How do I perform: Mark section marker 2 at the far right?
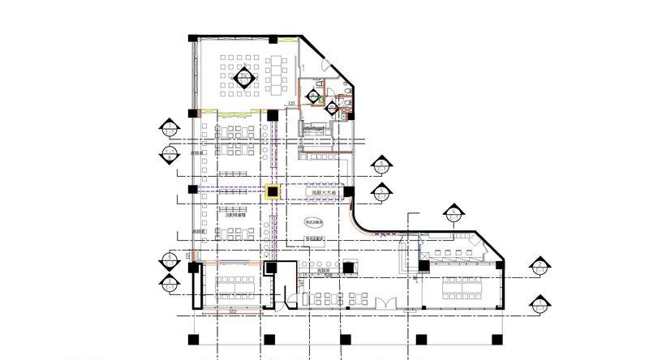[539, 266]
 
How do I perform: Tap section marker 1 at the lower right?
[539, 304]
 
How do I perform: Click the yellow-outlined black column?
[273, 191]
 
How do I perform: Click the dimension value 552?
[232, 310]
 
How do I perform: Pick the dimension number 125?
[290, 104]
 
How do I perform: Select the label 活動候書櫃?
[236, 216]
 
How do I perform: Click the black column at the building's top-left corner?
[193, 38]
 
